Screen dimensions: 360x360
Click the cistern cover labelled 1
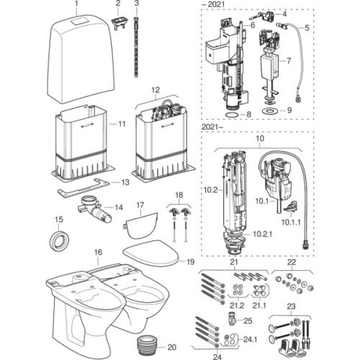[81, 60]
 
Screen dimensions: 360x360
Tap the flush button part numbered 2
[119, 24]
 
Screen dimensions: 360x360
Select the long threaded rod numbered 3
[137, 46]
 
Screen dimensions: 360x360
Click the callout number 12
[156, 90]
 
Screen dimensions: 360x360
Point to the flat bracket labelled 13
[84, 187]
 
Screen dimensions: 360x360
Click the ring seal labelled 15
[59, 240]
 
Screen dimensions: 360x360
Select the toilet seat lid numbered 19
[151, 253]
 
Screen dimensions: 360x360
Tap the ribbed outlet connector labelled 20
[147, 346]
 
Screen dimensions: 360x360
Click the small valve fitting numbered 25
[231, 319]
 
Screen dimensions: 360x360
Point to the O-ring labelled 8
[232, 114]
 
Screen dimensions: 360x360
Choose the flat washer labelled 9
[270, 111]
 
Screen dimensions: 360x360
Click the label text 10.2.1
[263, 234]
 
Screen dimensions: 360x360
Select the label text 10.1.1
[291, 222]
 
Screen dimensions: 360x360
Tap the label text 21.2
[237, 305]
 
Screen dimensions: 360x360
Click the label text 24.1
[250, 340]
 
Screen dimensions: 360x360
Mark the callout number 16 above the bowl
[98, 252]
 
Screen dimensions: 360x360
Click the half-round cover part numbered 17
[141, 225]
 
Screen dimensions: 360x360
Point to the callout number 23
[291, 307]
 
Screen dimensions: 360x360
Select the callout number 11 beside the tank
[122, 124]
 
